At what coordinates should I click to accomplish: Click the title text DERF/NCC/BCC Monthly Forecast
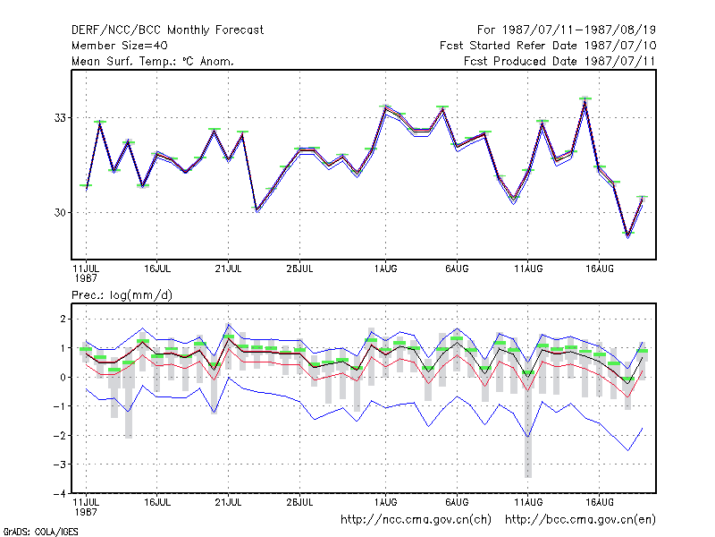pos(167,30)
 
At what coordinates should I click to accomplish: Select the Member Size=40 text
pos(120,46)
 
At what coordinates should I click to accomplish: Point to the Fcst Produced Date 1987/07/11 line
pos(559,61)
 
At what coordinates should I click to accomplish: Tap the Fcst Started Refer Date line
pos(548,46)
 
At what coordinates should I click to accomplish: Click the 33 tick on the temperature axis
pos(60,118)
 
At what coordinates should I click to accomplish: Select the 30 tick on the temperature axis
pos(60,212)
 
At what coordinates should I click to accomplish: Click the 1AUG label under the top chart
pos(386,269)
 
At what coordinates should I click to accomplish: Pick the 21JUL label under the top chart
pos(228,269)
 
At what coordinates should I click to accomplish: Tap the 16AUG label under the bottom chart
pos(599,502)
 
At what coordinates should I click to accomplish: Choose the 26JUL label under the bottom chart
pos(299,502)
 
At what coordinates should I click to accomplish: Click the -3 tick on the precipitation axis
pos(60,465)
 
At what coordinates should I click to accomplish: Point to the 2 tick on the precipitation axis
pos(63,319)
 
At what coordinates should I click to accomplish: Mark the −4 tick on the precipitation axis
pos(60,494)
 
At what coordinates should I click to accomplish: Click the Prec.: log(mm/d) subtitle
pos(122,295)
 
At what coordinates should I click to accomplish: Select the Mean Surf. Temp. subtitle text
pos(153,61)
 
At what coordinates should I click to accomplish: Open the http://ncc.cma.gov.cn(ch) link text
pos(416,520)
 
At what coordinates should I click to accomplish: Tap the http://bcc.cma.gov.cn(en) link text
pos(580,520)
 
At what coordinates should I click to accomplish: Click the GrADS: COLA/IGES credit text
pos(40,532)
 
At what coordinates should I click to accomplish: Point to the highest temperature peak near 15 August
pos(585,99)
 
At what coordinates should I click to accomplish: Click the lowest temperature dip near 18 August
pos(628,234)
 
